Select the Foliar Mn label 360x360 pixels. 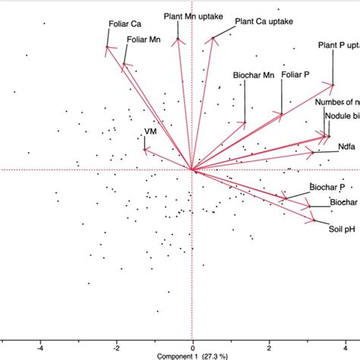click(x=144, y=39)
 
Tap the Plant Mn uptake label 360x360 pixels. click(x=189, y=15)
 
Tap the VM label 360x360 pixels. click(x=150, y=131)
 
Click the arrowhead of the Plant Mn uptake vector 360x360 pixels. click(x=178, y=39)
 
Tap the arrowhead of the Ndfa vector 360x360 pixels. click(x=311, y=153)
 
